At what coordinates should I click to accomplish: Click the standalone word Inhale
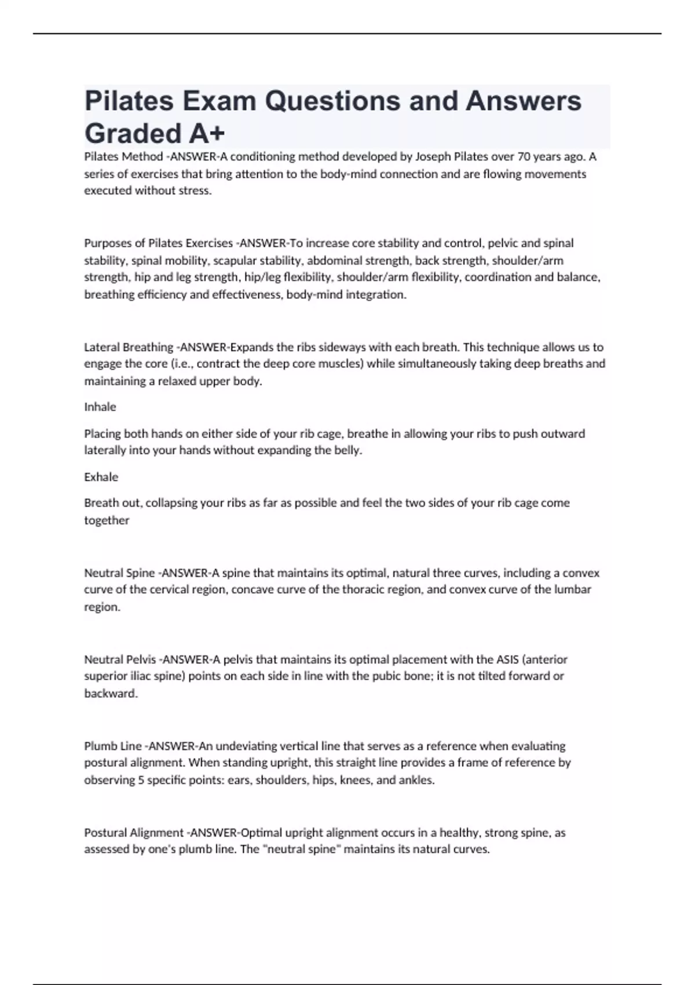[x=100, y=407]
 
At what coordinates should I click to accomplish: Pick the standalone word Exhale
[x=101, y=477]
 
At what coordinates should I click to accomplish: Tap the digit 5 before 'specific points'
[x=141, y=780]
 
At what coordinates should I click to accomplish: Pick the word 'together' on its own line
[x=107, y=520]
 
